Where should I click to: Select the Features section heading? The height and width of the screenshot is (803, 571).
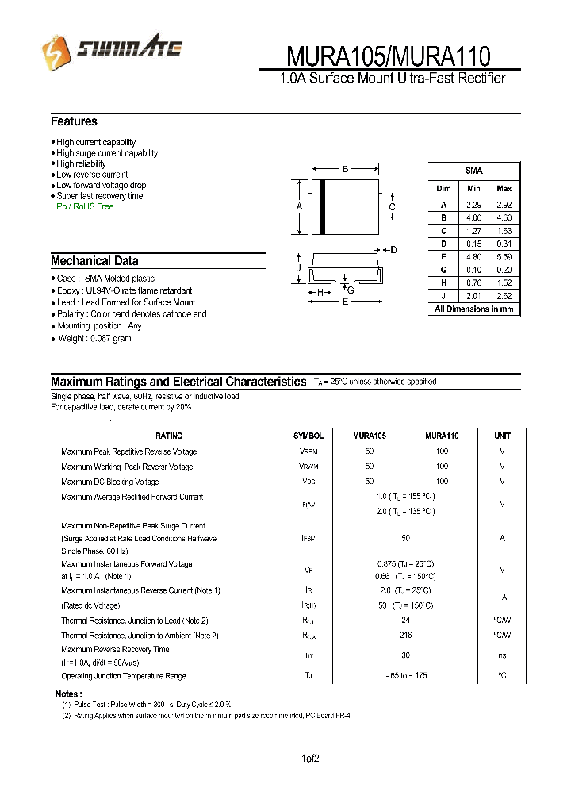click(74, 121)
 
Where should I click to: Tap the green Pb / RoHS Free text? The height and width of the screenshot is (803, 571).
click(85, 206)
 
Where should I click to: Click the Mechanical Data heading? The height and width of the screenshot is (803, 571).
click(94, 260)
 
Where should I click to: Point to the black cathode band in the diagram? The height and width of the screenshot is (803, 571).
click(323, 207)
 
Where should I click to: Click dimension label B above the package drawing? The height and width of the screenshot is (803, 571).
click(346, 168)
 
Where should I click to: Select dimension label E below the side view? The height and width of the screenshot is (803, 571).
click(346, 302)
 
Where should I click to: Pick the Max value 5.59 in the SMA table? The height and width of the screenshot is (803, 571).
click(504, 256)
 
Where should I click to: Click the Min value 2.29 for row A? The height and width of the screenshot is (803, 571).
click(473, 204)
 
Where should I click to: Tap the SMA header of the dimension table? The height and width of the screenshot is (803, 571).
click(473, 171)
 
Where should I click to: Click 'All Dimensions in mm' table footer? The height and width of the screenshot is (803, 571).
click(473, 309)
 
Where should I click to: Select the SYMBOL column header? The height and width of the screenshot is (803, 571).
click(308, 436)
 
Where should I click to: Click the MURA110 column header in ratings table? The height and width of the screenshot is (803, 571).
click(442, 436)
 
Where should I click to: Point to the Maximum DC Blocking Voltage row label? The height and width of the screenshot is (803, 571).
click(109, 482)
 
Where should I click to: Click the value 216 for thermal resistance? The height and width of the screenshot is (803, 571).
click(405, 635)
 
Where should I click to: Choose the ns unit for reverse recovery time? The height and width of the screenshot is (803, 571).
click(502, 655)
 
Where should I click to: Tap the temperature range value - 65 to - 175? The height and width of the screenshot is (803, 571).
click(405, 676)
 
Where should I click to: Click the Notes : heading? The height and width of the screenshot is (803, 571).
click(67, 693)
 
